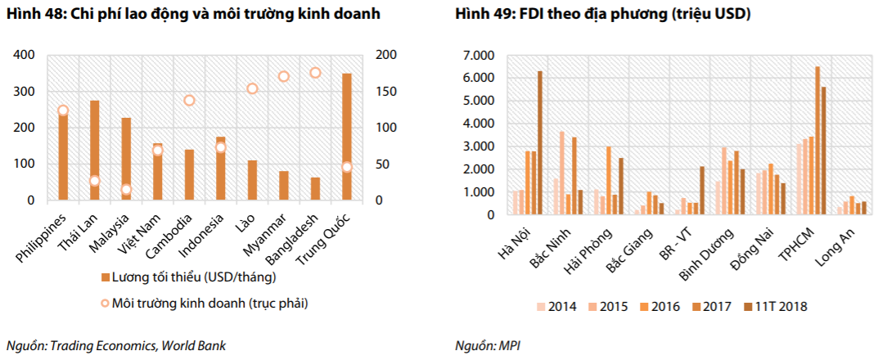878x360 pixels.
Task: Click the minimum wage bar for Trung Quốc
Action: tap(347, 137)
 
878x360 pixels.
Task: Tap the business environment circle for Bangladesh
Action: tap(315, 73)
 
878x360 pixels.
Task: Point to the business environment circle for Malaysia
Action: tap(126, 190)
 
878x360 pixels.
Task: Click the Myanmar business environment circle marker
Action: tap(284, 77)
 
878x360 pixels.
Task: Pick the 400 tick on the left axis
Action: tap(25, 55)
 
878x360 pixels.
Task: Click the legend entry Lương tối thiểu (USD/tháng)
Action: tap(181, 277)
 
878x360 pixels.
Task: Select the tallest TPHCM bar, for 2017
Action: tap(817, 141)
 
